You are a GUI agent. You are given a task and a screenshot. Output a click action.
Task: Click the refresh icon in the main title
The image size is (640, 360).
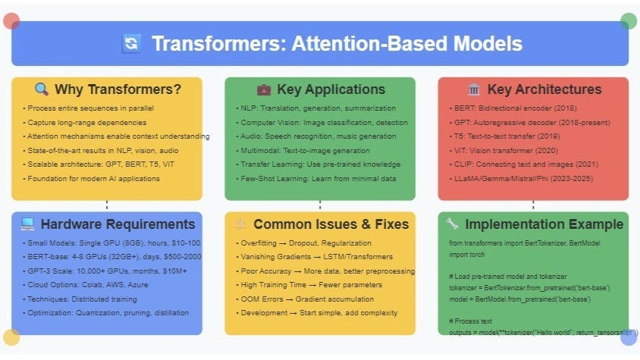point(130,43)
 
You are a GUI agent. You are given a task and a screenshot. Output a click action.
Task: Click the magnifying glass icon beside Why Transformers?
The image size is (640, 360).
point(42,90)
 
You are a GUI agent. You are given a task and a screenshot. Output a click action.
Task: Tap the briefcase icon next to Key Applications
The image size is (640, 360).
point(263,90)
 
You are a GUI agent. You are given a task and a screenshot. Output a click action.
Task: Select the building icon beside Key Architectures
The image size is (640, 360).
point(474,90)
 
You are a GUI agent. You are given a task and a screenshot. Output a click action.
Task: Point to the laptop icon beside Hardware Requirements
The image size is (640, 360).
point(27,224)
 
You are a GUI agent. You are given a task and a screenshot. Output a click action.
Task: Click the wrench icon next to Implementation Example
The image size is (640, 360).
point(453,224)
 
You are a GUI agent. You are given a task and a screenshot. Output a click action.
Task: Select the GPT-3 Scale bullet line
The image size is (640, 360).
point(93,271)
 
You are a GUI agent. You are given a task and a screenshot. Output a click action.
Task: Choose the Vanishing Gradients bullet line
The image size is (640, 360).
point(315,257)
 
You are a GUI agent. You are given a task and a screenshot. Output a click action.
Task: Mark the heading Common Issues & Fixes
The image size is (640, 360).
point(331,224)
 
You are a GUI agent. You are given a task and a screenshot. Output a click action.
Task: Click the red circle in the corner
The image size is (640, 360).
point(11,20)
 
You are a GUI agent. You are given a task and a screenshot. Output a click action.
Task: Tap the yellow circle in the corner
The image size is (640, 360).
point(11,337)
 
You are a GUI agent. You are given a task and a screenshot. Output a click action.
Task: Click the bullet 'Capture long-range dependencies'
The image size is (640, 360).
point(89,123)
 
